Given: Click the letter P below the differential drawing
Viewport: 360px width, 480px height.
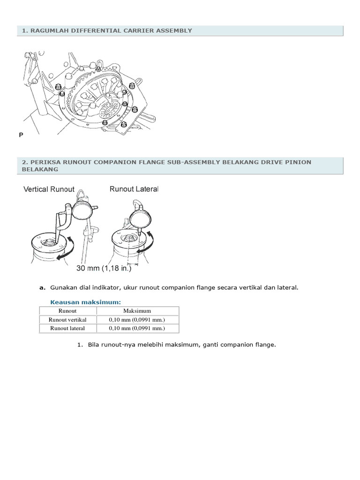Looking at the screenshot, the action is tap(21, 135).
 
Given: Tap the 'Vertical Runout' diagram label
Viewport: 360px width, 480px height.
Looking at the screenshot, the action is tap(49, 189).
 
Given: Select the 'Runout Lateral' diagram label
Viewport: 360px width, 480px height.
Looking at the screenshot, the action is tap(134, 189).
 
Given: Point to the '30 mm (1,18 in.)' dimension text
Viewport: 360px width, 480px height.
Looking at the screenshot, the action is tap(104, 268).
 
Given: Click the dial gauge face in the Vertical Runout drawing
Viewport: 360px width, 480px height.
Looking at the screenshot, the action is tap(82, 210).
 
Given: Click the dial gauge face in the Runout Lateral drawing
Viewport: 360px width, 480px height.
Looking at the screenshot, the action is tap(141, 218).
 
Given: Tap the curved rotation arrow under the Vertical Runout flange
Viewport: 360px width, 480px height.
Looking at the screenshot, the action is tap(66, 249).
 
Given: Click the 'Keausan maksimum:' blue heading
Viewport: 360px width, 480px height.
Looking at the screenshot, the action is tap(85, 302).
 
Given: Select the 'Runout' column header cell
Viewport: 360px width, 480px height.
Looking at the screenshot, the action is tap(67, 311).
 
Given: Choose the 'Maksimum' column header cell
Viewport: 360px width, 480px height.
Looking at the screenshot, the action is tap(137, 311).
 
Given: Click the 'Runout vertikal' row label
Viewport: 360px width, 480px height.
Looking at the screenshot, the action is tap(67, 320).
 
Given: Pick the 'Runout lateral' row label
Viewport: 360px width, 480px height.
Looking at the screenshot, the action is tap(67, 328).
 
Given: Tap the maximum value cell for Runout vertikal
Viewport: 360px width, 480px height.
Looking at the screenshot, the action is tap(137, 320).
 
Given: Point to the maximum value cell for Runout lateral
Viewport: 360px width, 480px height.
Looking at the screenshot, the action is tap(137, 328).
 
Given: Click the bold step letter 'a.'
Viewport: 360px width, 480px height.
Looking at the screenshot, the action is tap(43, 288).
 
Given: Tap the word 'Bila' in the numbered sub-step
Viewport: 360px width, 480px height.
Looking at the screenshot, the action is tap(93, 345).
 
